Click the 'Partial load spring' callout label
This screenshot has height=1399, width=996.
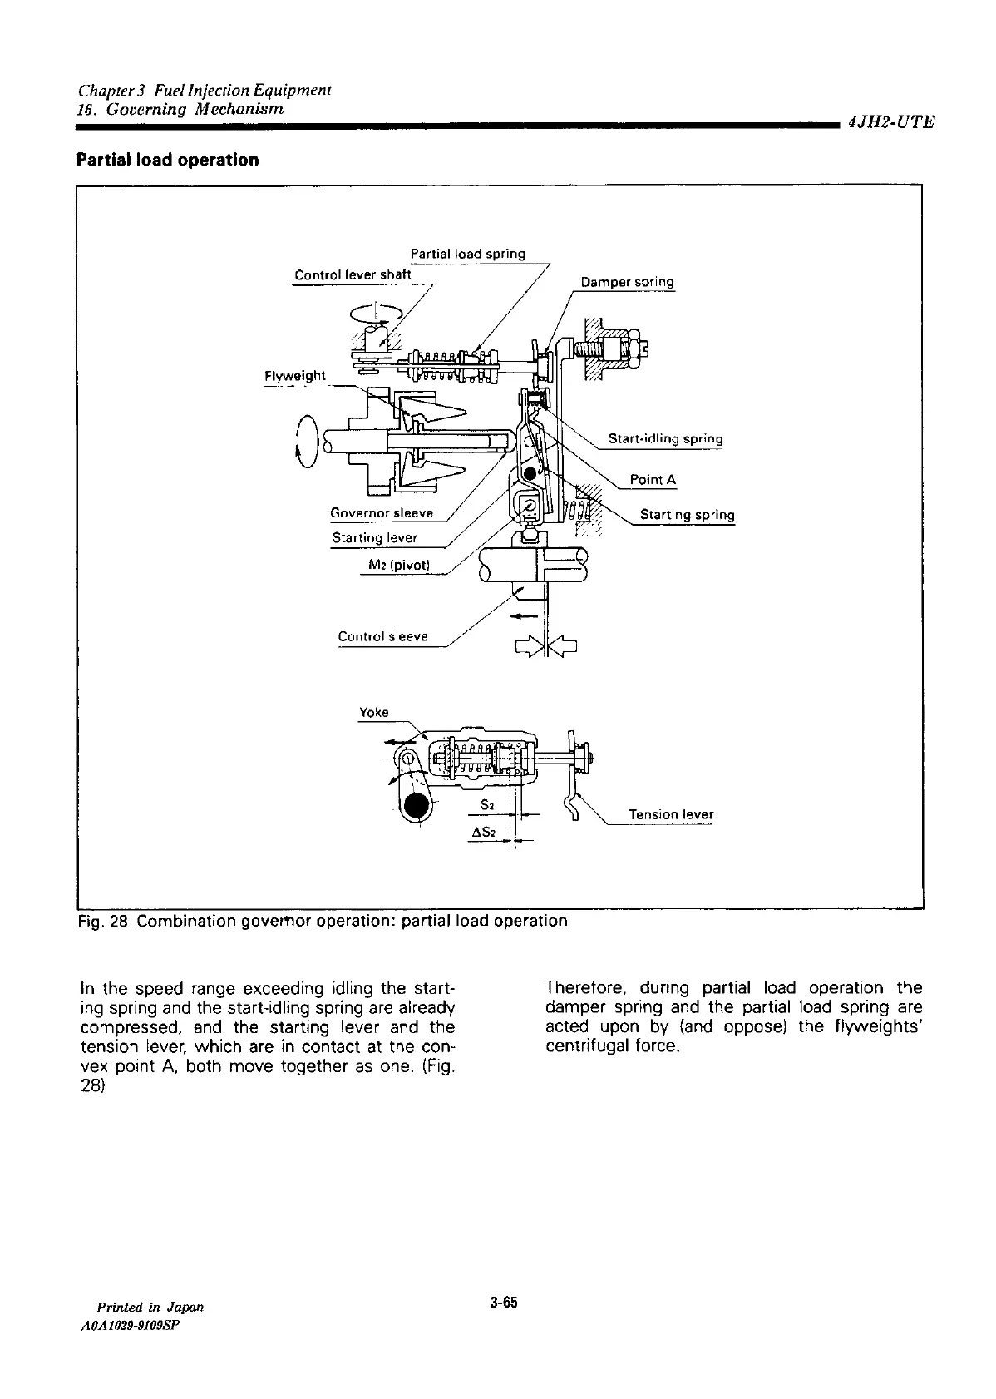click(x=468, y=254)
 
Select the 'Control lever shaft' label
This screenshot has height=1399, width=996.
click(x=353, y=275)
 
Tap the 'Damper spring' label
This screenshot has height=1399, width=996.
click(x=627, y=282)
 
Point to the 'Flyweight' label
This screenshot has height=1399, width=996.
click(x=294, y=377)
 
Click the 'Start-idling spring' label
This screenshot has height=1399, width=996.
click(x=665, y=439)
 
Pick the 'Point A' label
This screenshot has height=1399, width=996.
click(x=653, y=480)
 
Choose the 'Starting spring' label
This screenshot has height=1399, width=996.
click(x=687, y=515)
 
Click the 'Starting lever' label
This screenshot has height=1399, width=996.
click(x=374, y=538)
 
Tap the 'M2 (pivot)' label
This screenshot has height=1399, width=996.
click(x=397, y=566)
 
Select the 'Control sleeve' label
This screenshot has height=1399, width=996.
click(x=382, y=637)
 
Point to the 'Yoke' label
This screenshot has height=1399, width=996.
click(x=373, y=713)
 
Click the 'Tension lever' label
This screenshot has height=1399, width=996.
click(x=671, y=814)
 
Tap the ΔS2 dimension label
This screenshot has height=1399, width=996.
click(x=483, y=833)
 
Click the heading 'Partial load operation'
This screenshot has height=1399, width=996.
click(x=167, y=160)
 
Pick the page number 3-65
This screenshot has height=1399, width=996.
click(x=504, y=1302)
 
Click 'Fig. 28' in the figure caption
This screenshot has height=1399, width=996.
click(x=102, y=922)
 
